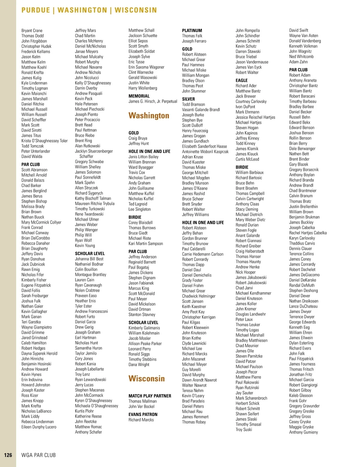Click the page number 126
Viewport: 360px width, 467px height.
[8, 455]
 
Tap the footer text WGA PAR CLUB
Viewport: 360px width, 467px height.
[38, 455]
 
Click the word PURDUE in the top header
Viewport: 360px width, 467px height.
[36, 10]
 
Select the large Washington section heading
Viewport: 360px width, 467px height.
[149, 116]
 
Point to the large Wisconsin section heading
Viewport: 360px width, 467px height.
[147, 379]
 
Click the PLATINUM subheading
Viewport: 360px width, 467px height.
[192, 31]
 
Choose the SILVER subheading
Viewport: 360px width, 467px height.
[188, 99]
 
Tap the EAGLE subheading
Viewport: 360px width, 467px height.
[241, 80]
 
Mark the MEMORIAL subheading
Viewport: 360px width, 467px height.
[139, 96]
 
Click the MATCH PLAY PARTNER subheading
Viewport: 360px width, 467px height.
[150, 396]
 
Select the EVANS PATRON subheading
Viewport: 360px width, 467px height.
[143, 415]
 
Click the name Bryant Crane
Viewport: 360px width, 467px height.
[32, 31]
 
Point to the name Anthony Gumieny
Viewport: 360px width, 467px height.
[303, 432]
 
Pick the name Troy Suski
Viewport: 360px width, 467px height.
[244, 430]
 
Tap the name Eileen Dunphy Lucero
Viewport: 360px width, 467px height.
[39, 427]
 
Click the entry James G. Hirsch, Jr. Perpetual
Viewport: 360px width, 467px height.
[153, 101]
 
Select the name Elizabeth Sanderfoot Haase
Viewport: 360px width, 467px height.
[204, 146]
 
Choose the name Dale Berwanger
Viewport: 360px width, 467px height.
[302, 149]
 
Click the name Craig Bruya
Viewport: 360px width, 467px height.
[138, 138]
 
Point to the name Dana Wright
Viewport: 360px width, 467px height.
[139, 364]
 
